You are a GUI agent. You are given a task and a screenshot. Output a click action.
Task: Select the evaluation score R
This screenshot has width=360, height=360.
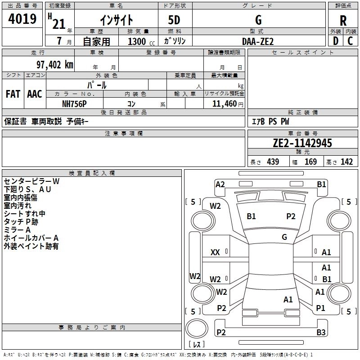pyautogui.click(x=343, y=21)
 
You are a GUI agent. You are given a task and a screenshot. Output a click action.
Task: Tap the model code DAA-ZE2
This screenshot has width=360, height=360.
pyautogui.click(x=257, y=41)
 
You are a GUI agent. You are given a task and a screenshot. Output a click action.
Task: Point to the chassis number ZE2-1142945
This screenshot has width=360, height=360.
pyautogui.click(x=302, y=143)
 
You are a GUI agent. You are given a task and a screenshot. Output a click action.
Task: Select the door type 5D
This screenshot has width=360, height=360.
pyautogui.click(x=175, y=20)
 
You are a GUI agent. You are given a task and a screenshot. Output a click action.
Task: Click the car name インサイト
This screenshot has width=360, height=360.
pyautogui.click(x=116, y=20)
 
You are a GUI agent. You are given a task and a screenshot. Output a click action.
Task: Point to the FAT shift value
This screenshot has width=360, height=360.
pyautogui.click(x=13, y=94)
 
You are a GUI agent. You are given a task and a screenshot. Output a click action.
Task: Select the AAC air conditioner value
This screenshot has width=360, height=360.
pyautogui.click(x=35, y=94)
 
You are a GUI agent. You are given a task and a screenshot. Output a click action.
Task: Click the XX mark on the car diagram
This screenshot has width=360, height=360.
pyautogui.click(x=215, y=252)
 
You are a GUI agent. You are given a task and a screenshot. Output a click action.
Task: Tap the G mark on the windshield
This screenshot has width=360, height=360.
pyautogui.click(x=284, y=237)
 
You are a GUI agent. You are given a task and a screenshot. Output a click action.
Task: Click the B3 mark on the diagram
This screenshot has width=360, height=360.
pyautogui.click(x=321, y=333)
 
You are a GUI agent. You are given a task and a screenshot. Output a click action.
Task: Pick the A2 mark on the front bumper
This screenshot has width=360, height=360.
pyautogui.click(x=220, y=184)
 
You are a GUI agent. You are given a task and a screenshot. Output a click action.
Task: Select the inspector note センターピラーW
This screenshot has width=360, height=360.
pyautogui.click(x=31, y=181)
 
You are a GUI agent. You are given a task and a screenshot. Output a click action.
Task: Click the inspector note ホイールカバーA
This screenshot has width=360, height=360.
pyautogui.click(x=31, y=238)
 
